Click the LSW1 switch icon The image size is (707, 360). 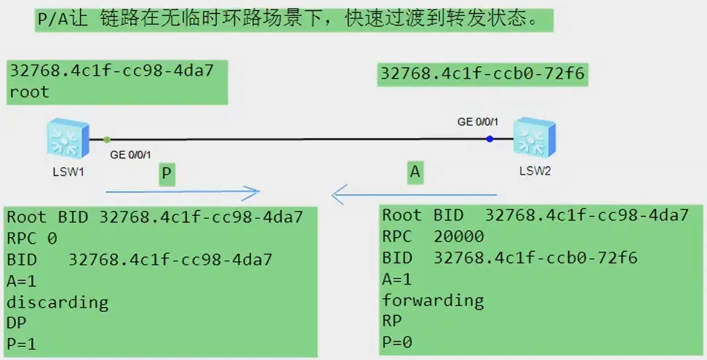(67, 138)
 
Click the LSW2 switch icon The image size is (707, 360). (535, 138)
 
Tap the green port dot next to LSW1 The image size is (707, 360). (107, 138)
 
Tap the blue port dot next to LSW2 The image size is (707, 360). (490, 138)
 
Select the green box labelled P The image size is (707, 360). (167, 175)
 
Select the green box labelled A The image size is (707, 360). (415, 172)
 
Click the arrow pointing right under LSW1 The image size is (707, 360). (183, 193)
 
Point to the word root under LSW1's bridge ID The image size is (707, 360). (29, 92)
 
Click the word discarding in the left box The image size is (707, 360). (57, 302)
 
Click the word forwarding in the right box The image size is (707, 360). (433, 300)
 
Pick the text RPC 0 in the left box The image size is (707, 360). (32, 238)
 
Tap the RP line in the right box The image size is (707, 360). (393, 321)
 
